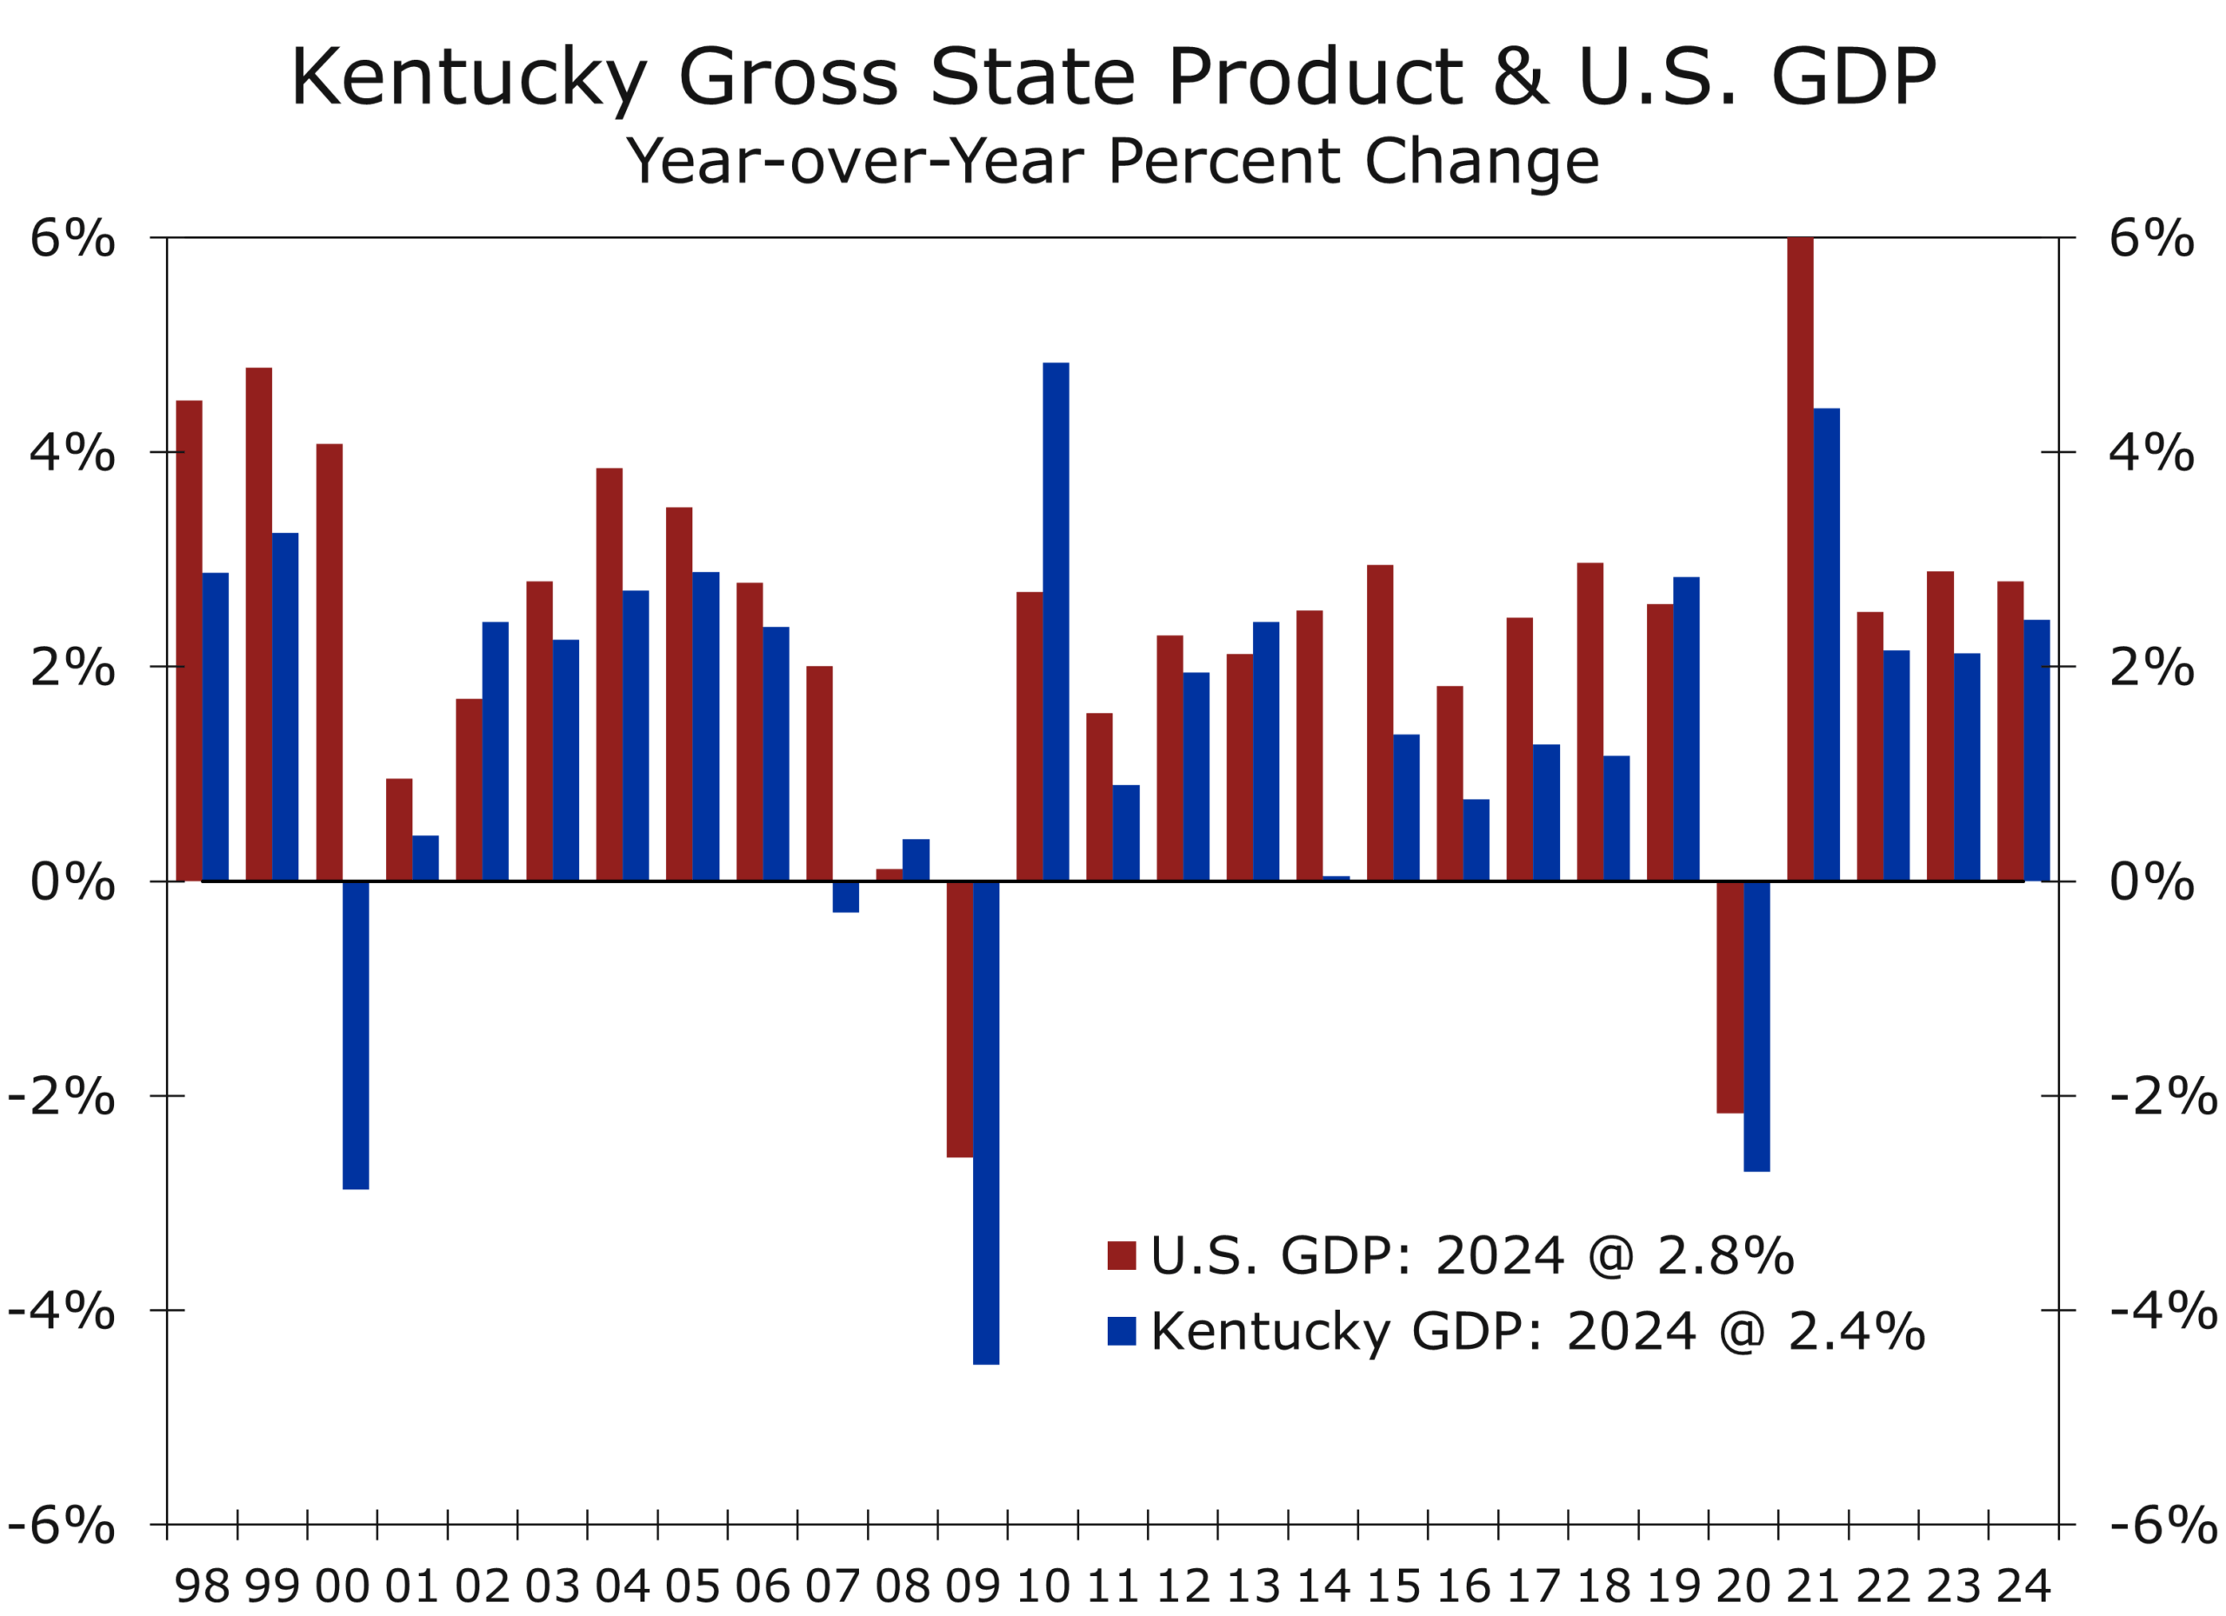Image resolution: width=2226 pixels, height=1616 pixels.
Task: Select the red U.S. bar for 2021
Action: (1799, 559)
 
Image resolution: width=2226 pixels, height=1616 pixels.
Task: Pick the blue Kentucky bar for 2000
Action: (356, 1035)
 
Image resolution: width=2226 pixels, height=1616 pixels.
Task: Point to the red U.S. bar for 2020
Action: (1729, 997)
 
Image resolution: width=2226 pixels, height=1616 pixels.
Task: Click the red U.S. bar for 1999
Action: (259, 624)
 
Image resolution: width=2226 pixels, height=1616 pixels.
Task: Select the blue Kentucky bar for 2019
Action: (1685, 729)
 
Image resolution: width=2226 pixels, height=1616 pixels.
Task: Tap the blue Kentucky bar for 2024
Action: (2036, 750)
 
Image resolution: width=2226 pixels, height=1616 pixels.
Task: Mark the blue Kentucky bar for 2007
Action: (845, 897)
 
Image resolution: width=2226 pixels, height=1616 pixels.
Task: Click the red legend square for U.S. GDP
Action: (1121, 1256)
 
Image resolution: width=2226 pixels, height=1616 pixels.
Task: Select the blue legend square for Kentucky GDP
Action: (1121, 1332)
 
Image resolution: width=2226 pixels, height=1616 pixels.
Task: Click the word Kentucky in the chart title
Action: (467, 78)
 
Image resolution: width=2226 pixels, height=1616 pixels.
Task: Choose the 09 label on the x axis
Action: (971, 1586)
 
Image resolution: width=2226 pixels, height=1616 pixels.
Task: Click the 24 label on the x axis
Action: (2023, 1586)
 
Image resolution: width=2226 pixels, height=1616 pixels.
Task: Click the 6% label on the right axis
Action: (2151, 238)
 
